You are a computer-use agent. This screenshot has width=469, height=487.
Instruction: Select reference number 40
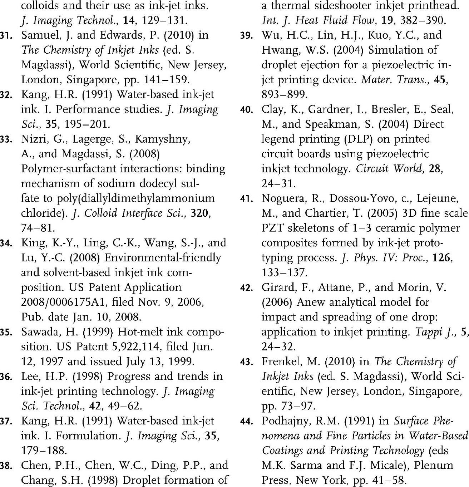click(247, 109)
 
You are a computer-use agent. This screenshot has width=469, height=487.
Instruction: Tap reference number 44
click(247, 421)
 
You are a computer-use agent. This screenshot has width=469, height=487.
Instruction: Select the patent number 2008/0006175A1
click(64, 302)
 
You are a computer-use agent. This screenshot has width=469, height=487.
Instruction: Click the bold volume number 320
click(199, 213)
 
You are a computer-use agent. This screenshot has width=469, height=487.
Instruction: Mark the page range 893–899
click(284, 94)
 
